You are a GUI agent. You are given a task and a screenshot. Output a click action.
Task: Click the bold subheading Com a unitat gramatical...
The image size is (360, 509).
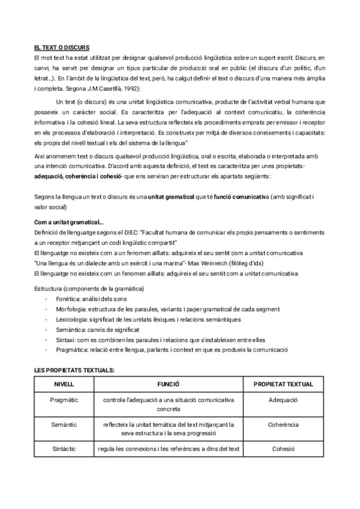pos(68,223)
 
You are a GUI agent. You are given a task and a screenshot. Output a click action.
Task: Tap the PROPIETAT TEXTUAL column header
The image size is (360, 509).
pos(284,383)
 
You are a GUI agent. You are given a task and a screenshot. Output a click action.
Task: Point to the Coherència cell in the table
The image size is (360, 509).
pos(284,424)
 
